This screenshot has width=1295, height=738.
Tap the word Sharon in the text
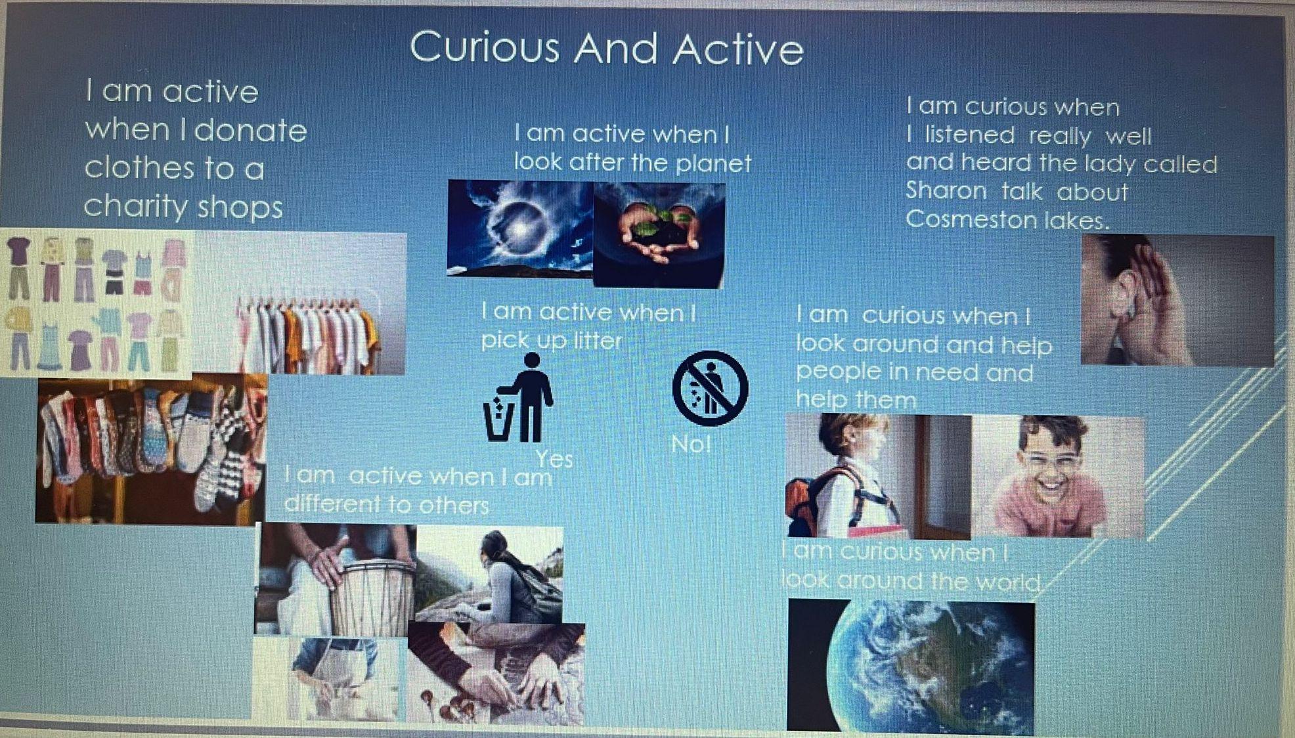[x=946, y=190]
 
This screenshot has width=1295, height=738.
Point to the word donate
[x=251, y=130]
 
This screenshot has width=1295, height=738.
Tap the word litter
[x=597, y=340]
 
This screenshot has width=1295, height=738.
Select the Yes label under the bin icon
[x=554, y=458]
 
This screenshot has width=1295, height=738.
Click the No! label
[x=691, y=445]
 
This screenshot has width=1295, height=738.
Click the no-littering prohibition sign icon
[x=710, y=387]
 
